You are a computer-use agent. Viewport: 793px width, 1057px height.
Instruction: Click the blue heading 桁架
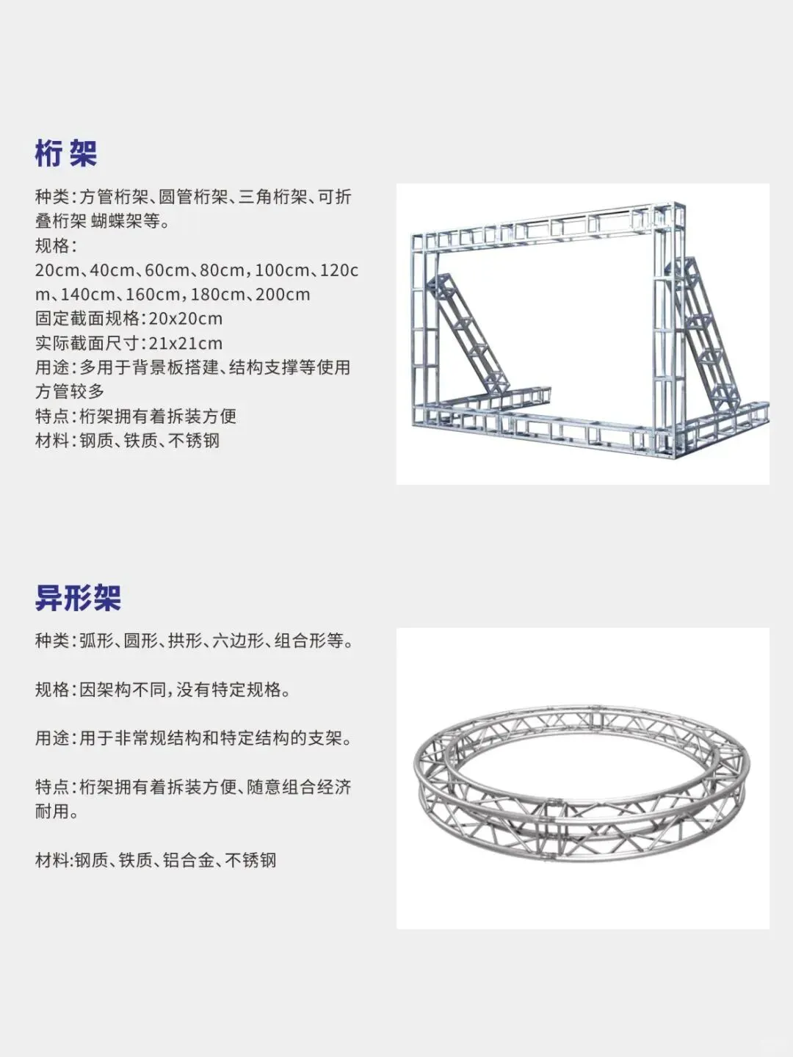coord(66,154)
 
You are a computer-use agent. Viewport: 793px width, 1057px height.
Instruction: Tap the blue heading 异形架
coord(78,598)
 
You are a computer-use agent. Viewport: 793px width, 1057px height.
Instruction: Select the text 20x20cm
coord(186,319)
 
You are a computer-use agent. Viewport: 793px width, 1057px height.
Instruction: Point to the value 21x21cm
coord(186,343)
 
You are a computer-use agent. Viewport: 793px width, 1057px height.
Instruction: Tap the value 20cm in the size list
coord(57,270)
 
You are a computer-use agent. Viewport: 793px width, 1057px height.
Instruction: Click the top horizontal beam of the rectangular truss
coord(543,228)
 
